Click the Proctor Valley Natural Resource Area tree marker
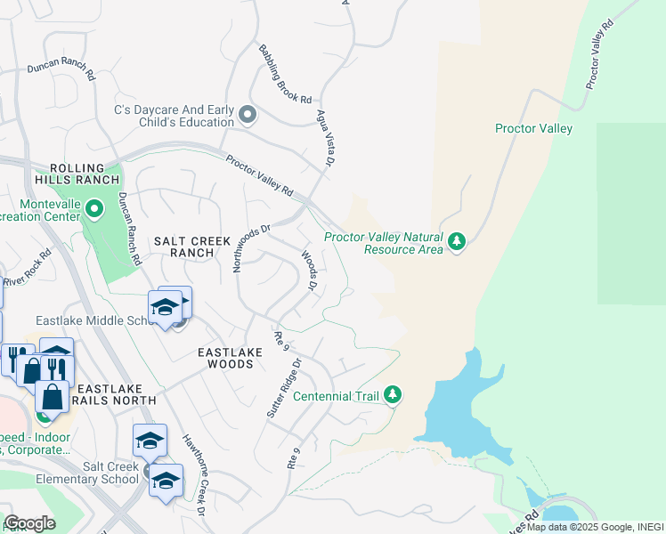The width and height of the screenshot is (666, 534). [x=457, y=242]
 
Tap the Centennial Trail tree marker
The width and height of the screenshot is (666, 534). [x=393, y=394]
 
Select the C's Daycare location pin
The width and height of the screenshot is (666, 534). [x=248, y=114]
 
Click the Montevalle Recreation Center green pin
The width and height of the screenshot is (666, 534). [x=95, y=210]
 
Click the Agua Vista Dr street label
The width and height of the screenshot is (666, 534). [x=325, y=139]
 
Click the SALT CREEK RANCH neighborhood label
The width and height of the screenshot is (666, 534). [x=191, y=247]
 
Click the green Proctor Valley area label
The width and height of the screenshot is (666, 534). [x=533, y=129]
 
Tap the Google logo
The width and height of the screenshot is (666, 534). [x=29, y=522]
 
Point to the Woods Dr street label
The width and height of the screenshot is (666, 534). [x=309, y=271]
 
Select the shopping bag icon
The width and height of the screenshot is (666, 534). [x=52, y=397]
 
